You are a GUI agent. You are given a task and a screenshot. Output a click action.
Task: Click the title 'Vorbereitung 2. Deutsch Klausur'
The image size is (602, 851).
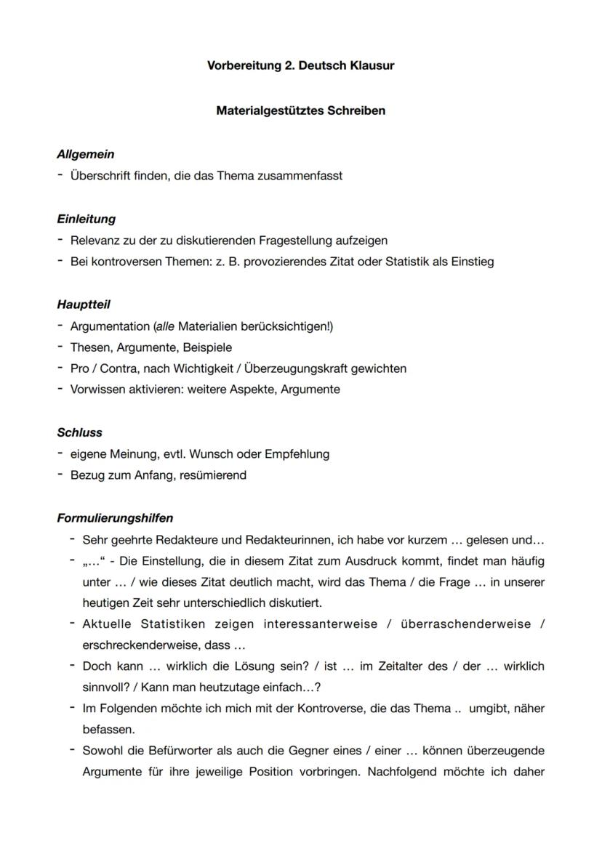click(301, 66)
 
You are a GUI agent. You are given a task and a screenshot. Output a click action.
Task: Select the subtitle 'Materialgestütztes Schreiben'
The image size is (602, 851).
click(301, 111)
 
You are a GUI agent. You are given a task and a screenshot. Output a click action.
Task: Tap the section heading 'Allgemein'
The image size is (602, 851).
click(85, 154)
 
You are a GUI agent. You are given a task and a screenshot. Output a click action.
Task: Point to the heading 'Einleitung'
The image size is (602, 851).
click(86, 219)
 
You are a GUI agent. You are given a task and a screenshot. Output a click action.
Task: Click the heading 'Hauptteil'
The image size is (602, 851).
click(83, 304)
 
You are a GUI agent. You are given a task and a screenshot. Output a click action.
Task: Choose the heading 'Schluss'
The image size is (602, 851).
click(79, 432)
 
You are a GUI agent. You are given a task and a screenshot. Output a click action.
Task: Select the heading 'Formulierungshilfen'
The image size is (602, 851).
click(115, 518)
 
